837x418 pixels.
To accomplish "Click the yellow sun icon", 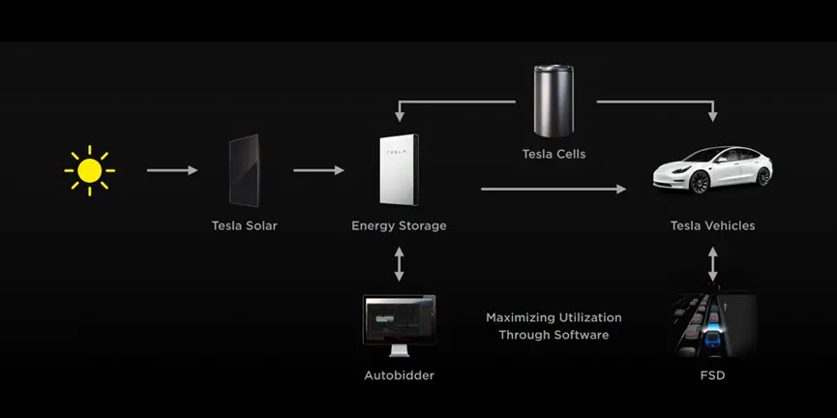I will tap(89, 171).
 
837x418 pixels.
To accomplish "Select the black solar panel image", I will tap(244, 171).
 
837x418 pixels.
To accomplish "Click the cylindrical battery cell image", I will tap(553, 101).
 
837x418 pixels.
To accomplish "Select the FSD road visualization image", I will tap(714, 326).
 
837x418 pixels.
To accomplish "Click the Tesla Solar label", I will tap(244, 226).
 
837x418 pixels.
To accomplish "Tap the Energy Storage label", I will tap(399, 226).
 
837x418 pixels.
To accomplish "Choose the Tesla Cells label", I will tap(553, 154).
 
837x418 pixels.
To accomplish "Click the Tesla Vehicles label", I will tap(712, 226).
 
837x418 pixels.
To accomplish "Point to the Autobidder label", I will tap(399, 375).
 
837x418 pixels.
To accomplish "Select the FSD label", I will tap(712, 375).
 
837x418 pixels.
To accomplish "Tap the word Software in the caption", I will tap(582, 335).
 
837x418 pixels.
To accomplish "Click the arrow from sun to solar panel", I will tap(172, 171).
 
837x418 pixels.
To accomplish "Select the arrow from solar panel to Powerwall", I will tap(318, 171).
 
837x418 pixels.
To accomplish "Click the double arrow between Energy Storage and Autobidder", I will tap(399, 263).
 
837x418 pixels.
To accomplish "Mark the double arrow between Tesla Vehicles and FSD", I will tap(713, 263).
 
